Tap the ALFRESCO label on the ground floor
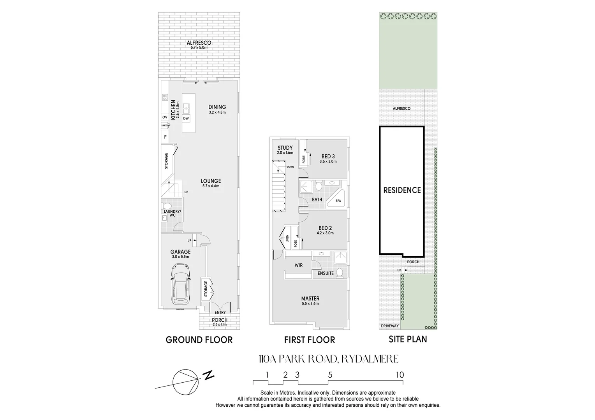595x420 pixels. (199, 43)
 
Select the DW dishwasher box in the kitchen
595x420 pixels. (186, 118)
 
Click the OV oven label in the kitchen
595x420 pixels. (165, 117)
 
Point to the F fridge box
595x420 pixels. (165, 137)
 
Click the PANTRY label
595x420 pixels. (165, 126)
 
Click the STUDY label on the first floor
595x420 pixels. (285, 148)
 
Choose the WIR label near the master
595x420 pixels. (299, 265)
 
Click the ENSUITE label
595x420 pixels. (326, 273)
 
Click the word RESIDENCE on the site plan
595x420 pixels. (402, 190)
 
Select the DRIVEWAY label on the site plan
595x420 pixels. (389, 326)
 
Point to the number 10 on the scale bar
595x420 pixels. (400, 375)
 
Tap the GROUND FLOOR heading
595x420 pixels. (199, 340)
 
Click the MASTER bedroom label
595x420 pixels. (310, 299)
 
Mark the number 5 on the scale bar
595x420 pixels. (330, 375)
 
